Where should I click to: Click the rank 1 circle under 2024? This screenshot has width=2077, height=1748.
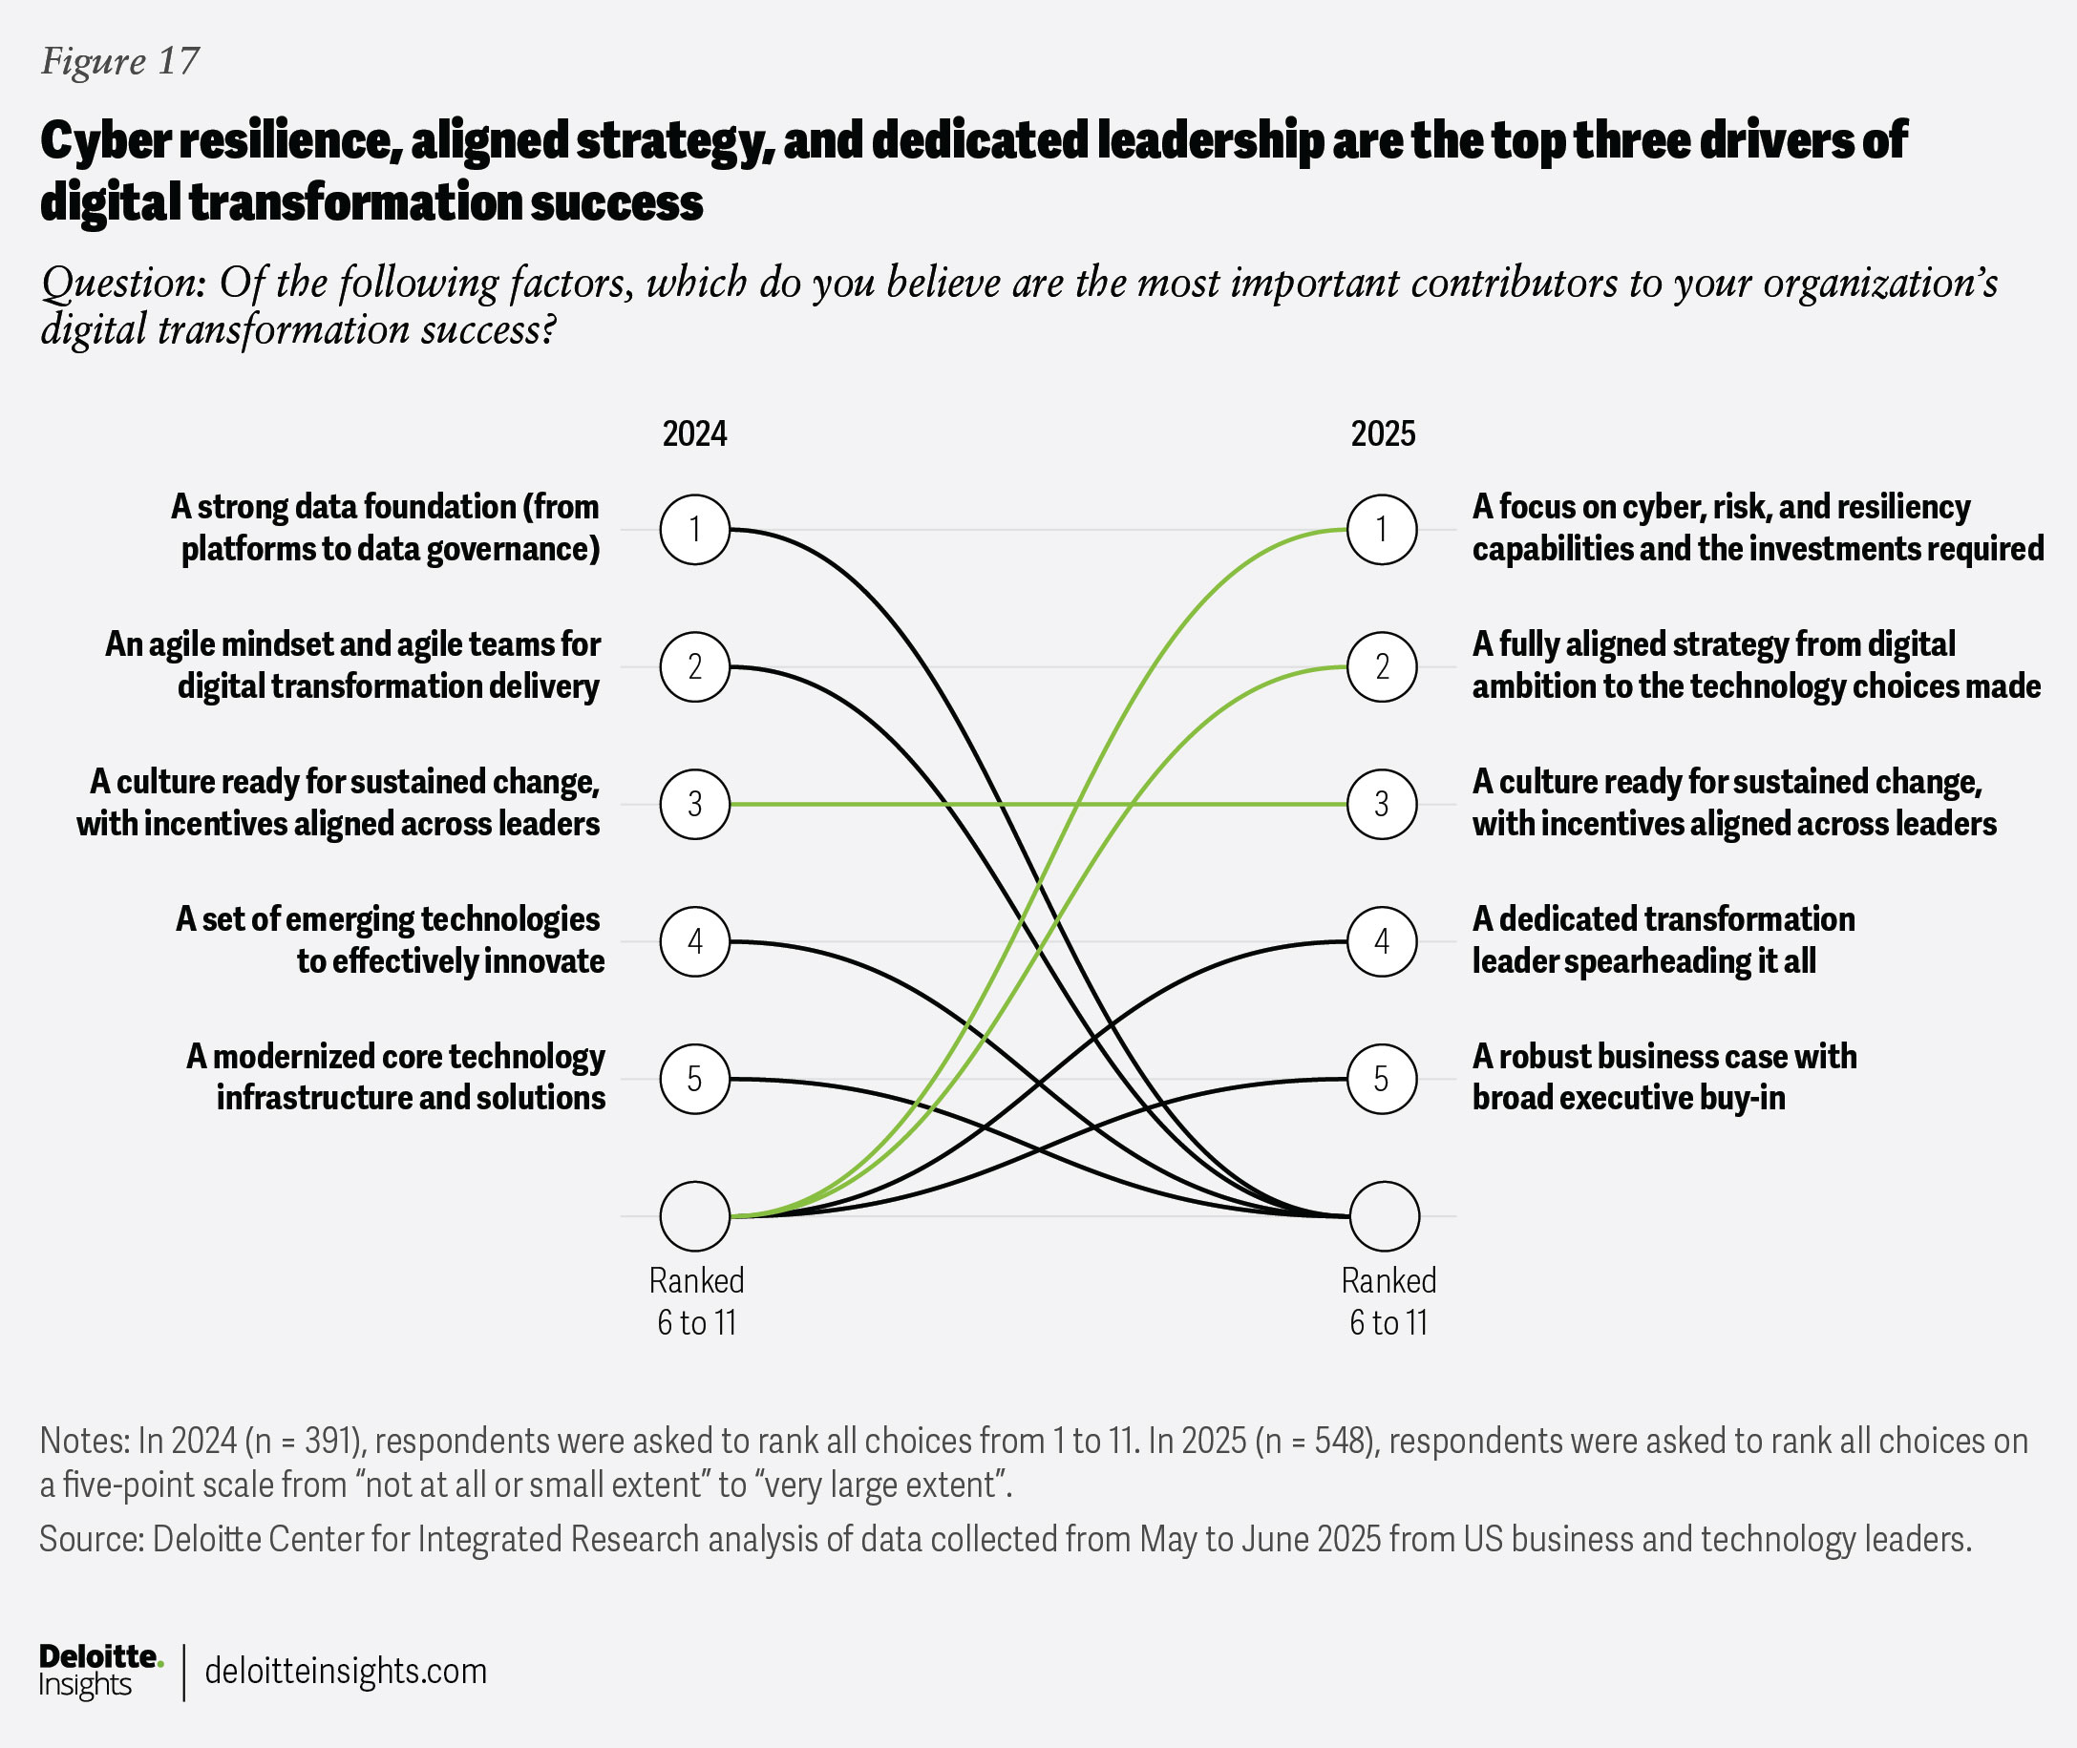(x=694, y=529)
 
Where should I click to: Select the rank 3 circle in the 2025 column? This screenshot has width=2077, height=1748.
(x=1382, y=804)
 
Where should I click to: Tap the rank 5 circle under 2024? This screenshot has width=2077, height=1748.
(x=694, y=1078)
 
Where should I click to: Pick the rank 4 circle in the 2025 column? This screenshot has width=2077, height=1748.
(x=1382, y=940)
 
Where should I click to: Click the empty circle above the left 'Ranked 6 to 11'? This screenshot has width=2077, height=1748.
(x=694, y=1216)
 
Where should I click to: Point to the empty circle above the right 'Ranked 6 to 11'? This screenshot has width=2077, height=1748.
(x=1384, y=1216)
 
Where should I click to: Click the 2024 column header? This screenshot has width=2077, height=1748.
(x=694, y=434)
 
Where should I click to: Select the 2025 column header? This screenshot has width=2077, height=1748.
(x=1383, y=434)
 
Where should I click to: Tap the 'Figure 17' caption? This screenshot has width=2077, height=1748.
(x=120, y=61)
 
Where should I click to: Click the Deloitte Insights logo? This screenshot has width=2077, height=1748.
(x=99, y=1671)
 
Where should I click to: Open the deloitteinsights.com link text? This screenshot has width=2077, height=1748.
(x=346, y=1671)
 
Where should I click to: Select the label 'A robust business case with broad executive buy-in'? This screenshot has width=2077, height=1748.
(x=1664, y=1077)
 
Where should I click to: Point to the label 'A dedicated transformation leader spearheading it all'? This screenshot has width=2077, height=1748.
(x=1663, y=939)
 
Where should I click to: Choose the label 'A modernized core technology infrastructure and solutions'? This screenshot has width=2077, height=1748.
(x=396, y=1077)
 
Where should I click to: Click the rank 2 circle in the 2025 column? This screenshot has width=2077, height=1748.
(x=1382, y=666)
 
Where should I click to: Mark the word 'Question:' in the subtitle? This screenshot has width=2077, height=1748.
(x=123, y=284)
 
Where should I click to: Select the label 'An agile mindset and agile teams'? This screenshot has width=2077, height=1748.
(x=352, y=664)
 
